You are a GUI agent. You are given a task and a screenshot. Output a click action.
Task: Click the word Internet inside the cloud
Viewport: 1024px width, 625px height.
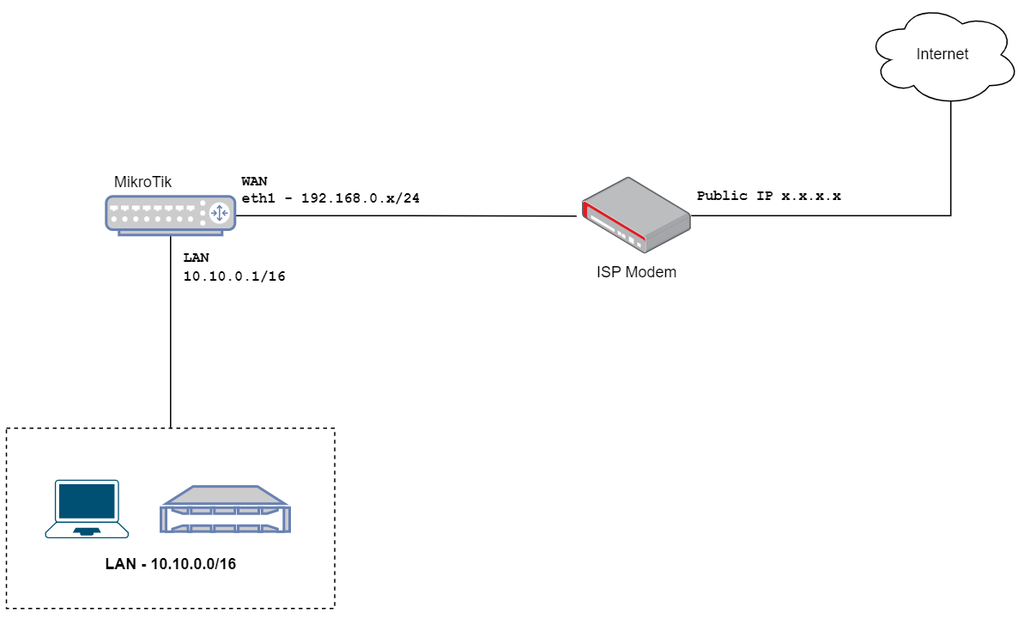[x=942, y=54]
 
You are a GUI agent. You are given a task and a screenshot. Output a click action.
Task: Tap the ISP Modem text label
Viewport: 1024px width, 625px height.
[x=636, y=272]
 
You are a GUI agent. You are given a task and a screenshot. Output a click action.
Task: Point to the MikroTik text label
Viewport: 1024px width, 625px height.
[x=142, y=182]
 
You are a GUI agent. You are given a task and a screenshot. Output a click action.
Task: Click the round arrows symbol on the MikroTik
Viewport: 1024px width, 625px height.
[x=219, y=212]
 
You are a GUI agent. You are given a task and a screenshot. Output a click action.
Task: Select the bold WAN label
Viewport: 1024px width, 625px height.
[x=254, y=181]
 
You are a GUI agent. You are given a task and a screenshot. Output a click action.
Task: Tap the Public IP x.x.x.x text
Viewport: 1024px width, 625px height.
[x=768, y=196]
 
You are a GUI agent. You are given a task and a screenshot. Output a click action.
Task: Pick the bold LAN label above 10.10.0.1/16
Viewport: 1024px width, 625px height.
[x=196, y=258]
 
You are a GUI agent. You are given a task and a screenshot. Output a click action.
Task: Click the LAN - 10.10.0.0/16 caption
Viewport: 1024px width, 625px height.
[x=171, y=564]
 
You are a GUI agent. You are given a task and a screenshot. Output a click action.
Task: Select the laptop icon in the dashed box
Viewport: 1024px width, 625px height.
[x=87, y=509]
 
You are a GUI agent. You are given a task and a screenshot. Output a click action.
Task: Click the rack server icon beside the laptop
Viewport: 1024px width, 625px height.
[x=226, y=510]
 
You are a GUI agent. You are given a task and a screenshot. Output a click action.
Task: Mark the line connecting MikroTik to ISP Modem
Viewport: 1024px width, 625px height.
[x=403, y=215]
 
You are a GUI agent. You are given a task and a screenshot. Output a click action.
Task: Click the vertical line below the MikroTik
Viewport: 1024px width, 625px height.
[x=171, y=343]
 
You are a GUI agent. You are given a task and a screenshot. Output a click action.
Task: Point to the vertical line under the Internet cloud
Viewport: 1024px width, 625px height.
[x=950, y=155]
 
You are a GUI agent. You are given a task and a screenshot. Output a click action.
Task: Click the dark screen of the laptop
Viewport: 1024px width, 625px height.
[x=86, y=501]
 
